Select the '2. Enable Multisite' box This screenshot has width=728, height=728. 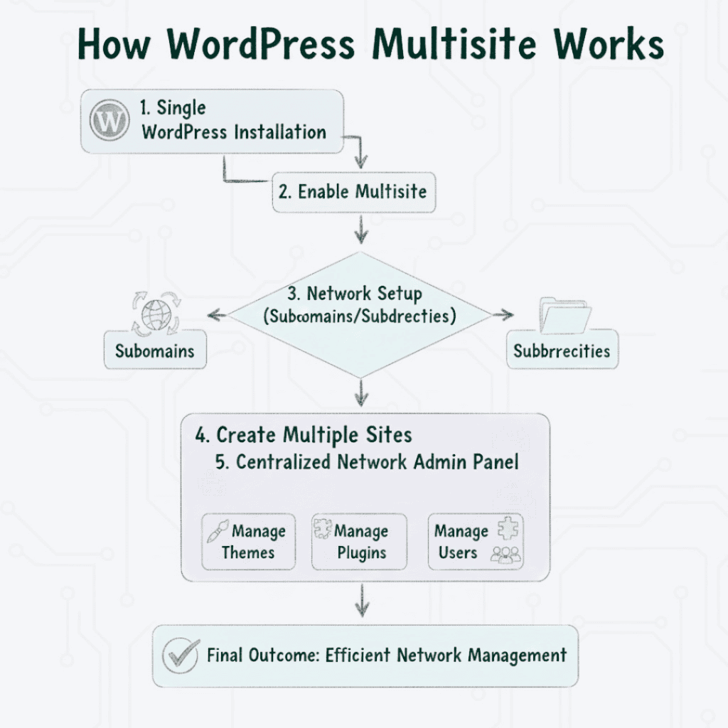(353, 193)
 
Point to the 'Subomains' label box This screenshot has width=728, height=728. (155, 350)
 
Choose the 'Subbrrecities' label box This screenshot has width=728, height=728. (562, 350)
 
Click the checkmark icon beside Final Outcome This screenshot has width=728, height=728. (180, 655)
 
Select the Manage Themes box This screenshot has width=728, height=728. (248, 542)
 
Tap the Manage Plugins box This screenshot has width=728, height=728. (359, 542)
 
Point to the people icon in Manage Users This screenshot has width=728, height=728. (505, 555)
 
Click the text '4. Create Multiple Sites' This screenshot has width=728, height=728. (304, 435)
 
